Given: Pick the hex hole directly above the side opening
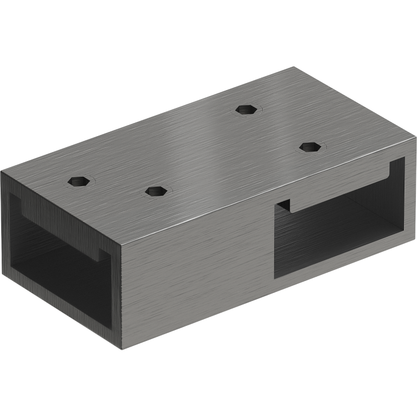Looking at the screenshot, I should click(310, 146).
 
